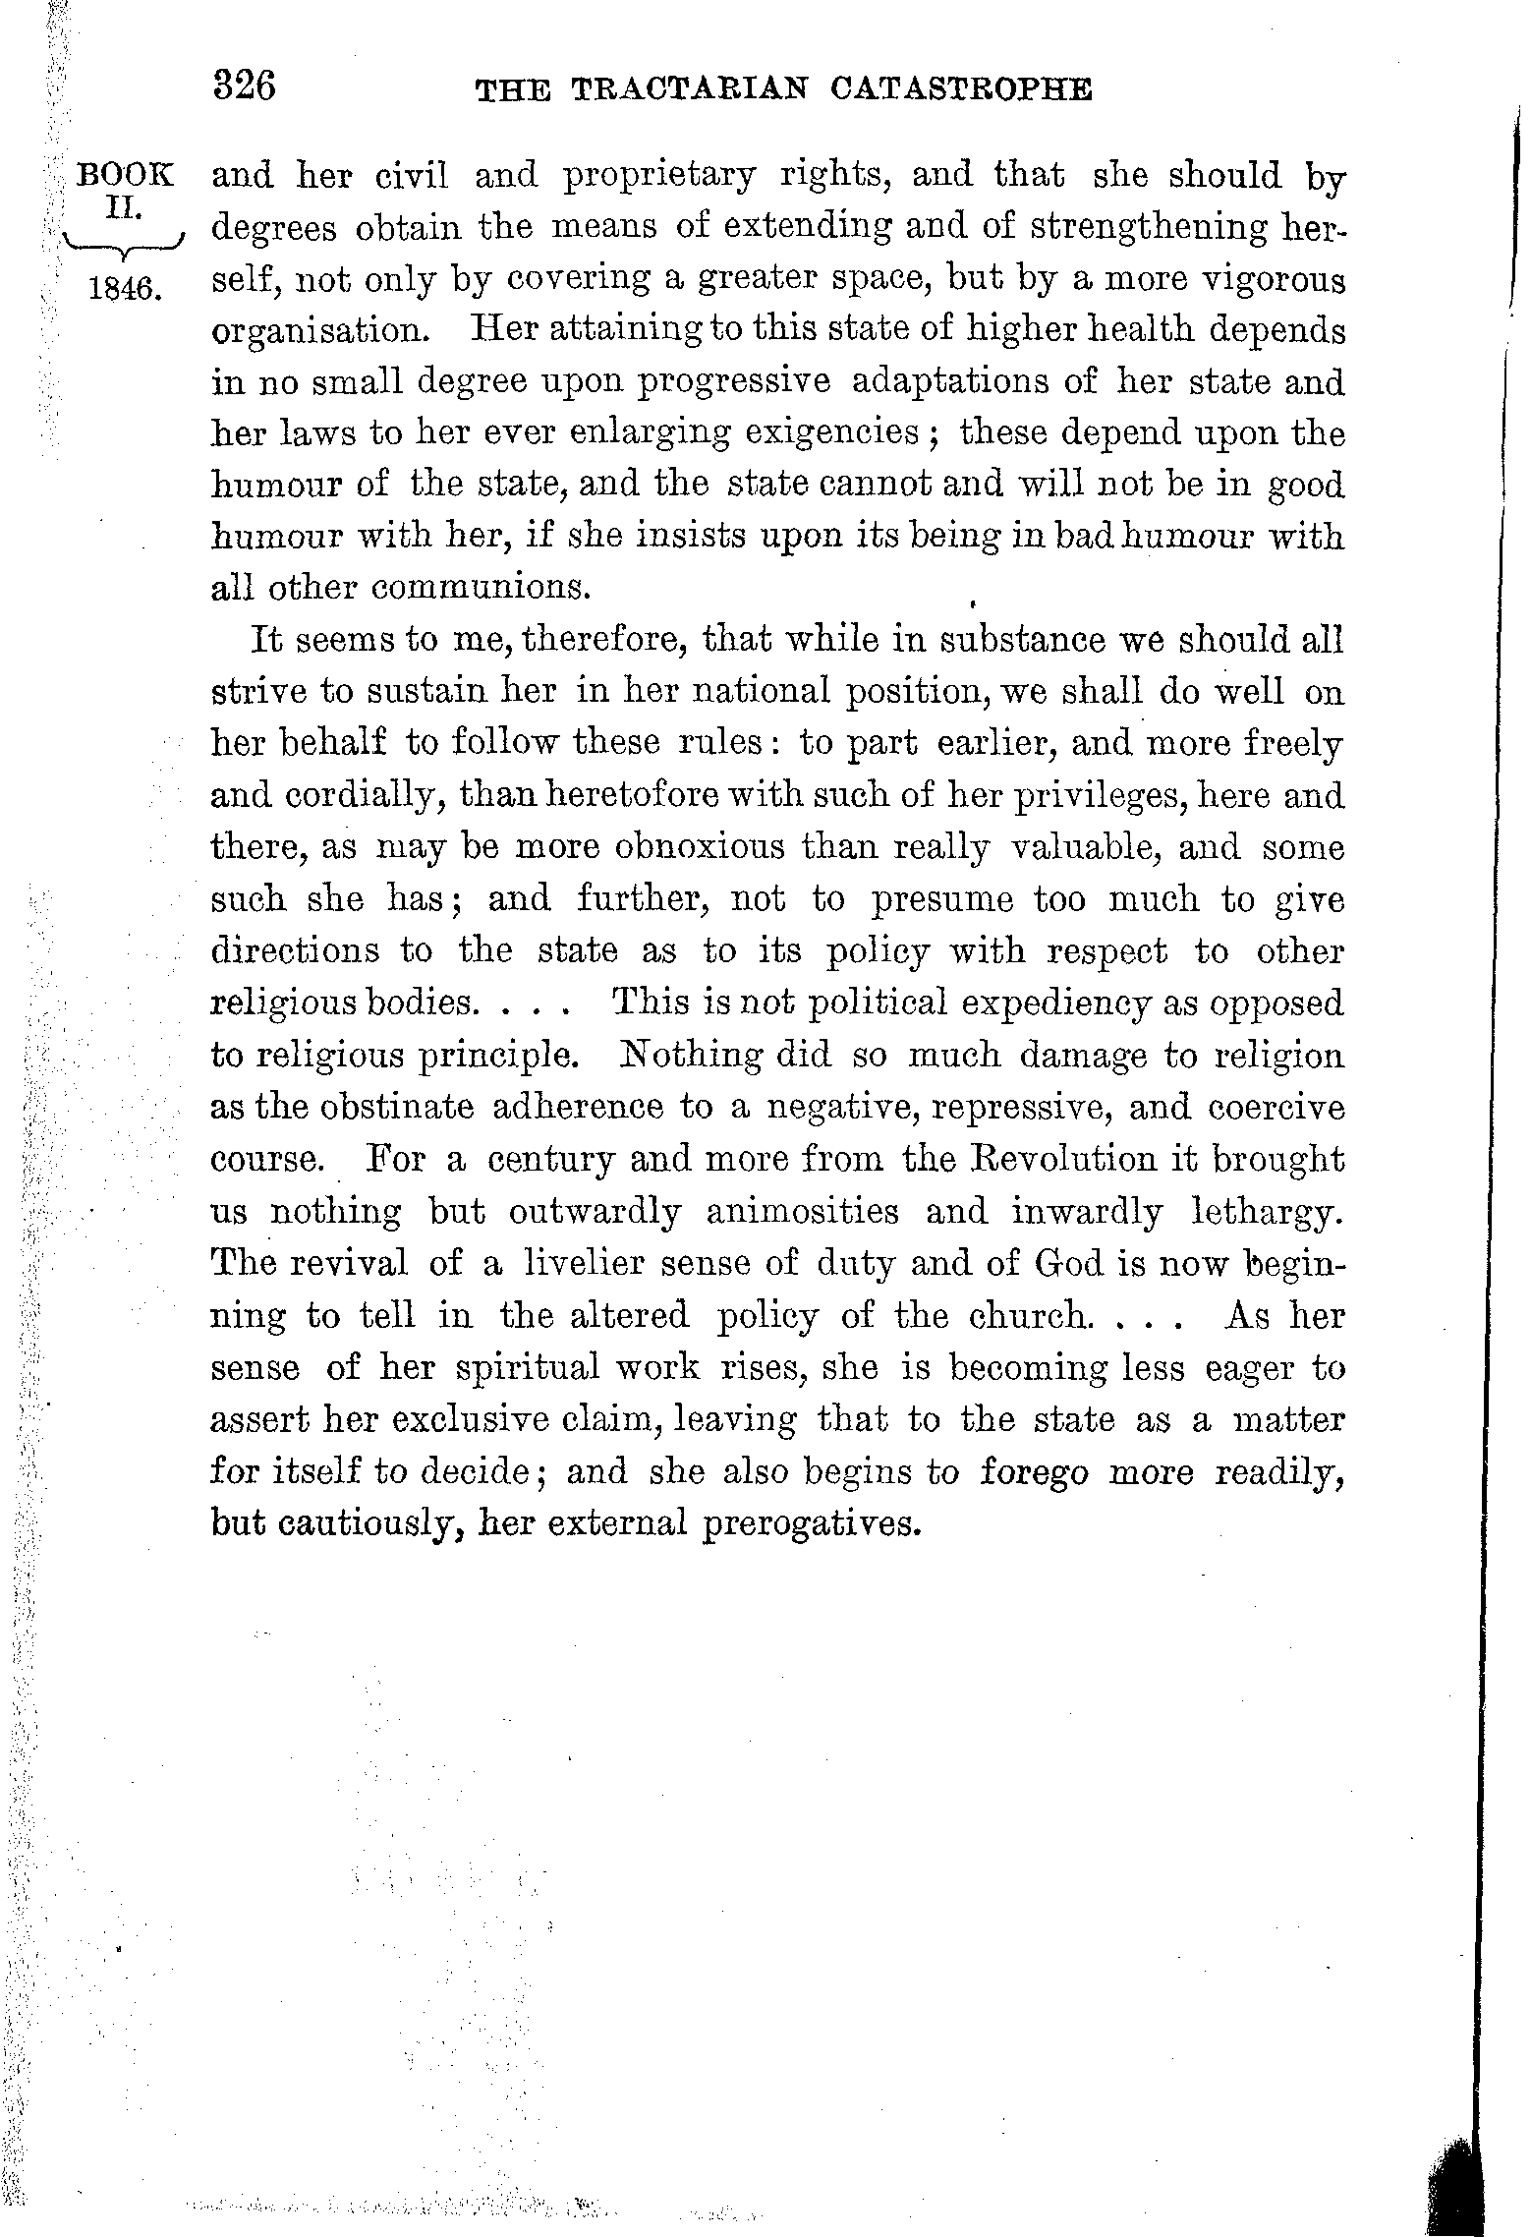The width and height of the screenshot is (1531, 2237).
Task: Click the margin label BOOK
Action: pos(126,177)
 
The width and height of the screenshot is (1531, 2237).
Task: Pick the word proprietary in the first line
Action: pos(660,177)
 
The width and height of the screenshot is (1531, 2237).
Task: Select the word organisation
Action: pos(320,330)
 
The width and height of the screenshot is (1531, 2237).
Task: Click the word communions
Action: pos(479,588)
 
